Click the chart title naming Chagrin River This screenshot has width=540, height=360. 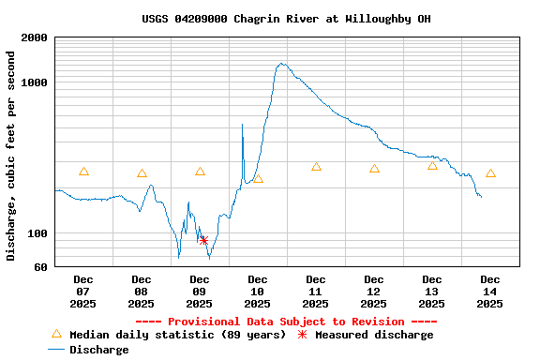pos(287,19)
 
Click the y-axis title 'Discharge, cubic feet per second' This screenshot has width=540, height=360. pos(10,156)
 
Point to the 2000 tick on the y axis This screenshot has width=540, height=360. pos(35,37)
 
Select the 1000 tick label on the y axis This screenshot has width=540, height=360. pos(35,82)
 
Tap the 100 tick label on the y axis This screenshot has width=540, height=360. pos(37,233)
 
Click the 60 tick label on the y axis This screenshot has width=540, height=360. pos(40,267)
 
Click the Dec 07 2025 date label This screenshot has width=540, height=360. pos(83,291)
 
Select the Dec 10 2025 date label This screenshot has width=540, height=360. pos(258,291)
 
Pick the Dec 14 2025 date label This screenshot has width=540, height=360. pos(490,291)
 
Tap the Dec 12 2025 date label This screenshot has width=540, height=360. pos(374,291)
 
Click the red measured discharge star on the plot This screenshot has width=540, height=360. pos(203,241)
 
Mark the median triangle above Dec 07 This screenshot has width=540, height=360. pos(83,172)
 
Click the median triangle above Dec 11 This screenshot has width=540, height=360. pos(316,167)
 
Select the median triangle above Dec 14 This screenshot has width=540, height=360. pos(490,173)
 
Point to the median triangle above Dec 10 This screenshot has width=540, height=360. pos(258,178)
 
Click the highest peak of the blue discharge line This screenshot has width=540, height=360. pos(281,64)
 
